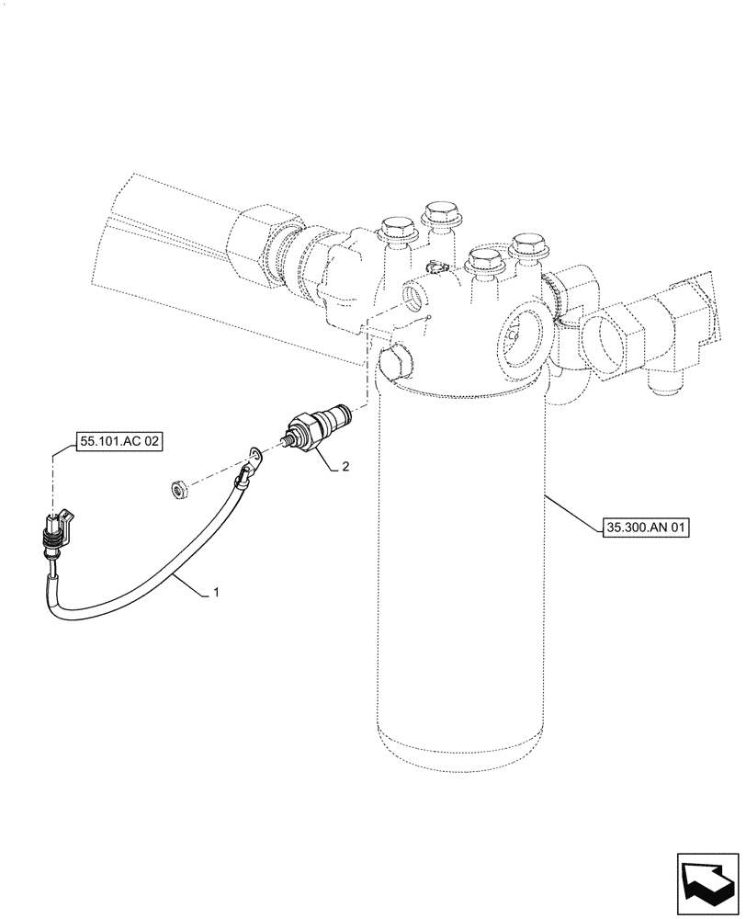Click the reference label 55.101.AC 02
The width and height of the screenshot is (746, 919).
(120, 442)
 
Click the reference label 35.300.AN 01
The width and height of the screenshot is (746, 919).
(647, 528)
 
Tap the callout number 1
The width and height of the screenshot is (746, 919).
(216, 593)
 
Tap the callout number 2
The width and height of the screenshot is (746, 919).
(345, 467)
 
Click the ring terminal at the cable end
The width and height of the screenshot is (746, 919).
(252, 454)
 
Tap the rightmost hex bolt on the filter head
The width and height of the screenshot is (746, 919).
(528, 245)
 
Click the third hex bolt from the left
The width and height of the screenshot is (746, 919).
(485, 259)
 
